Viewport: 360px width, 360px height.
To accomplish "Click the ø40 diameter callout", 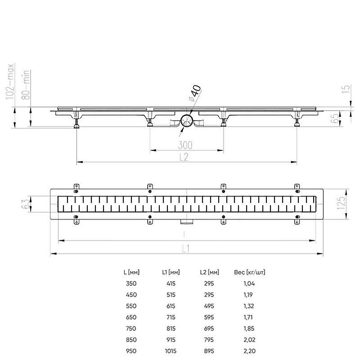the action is pos(195,93).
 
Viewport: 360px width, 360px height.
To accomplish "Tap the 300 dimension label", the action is pos(185,145).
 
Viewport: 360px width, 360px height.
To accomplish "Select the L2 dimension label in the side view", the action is pos(184,157).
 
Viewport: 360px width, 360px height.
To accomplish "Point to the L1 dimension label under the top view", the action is pos(186,249).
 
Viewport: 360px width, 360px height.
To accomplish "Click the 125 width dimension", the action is pos(341,202).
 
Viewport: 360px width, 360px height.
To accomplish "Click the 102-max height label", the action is pos(10,81).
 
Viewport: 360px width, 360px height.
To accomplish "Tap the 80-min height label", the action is pos(26,85).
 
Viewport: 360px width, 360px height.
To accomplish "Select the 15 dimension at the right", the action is pos(346,89).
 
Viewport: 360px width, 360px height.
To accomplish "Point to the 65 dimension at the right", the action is pos(335,118).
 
